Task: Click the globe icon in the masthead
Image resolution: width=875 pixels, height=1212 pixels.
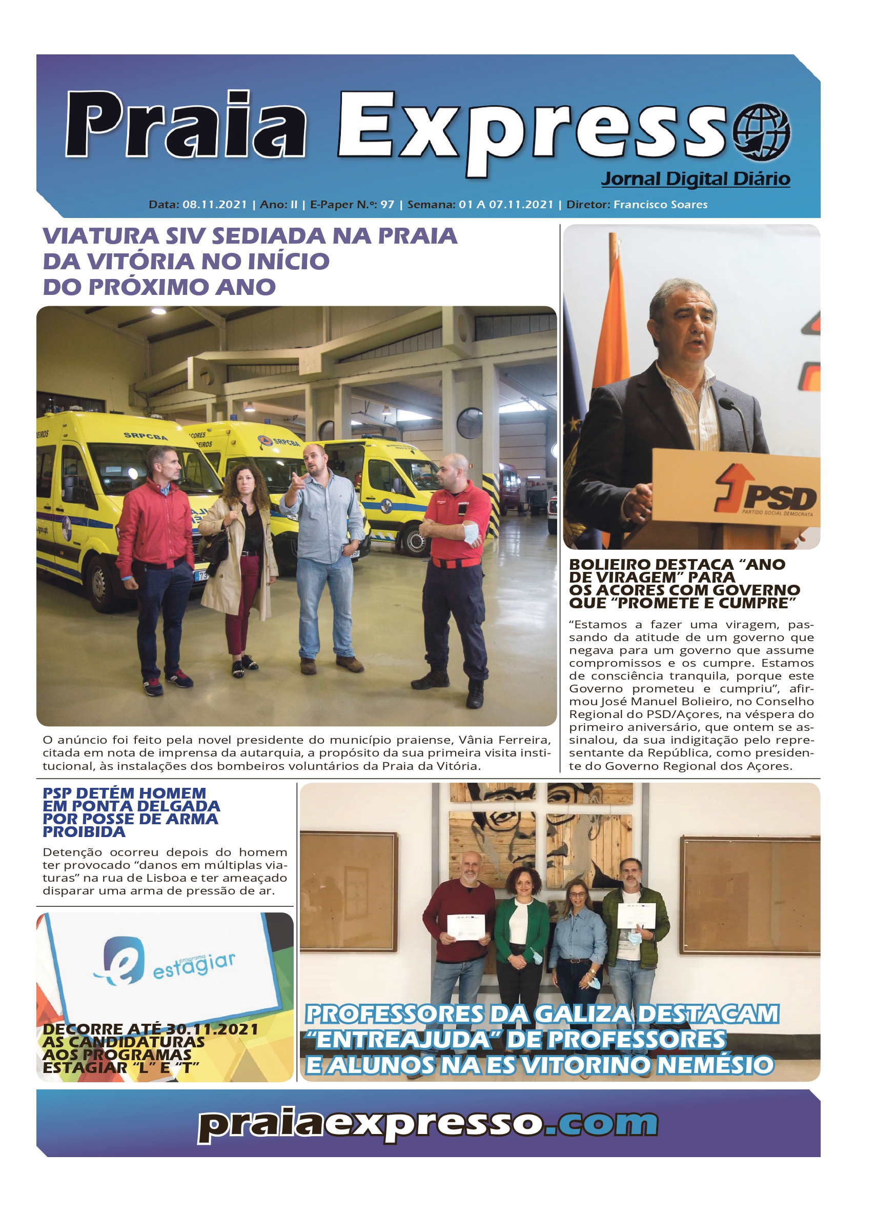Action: pyautogui.click(x=761, y=132)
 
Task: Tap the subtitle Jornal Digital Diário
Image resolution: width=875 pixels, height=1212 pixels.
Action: pyautogui.click(x=695, y=178)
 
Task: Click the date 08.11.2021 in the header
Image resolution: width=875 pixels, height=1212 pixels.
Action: pyautogui.click(x=215, y=205)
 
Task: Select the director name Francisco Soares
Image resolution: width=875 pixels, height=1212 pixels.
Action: pyautogui.click(x=660, y=205)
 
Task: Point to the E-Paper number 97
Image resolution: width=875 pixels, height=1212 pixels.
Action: pyautogui.click(x=388, y=205)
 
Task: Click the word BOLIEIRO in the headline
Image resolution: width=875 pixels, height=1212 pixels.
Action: pyautogui.click(x=610, y=565)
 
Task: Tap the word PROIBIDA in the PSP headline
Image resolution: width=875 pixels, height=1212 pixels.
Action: pyautogui.click(x=84, y=832)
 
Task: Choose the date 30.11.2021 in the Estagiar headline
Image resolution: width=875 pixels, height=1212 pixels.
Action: pyautogui.click(x=212, y=1029)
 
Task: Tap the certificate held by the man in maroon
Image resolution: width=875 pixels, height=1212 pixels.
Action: pyautogui.click(x=465, y=927)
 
